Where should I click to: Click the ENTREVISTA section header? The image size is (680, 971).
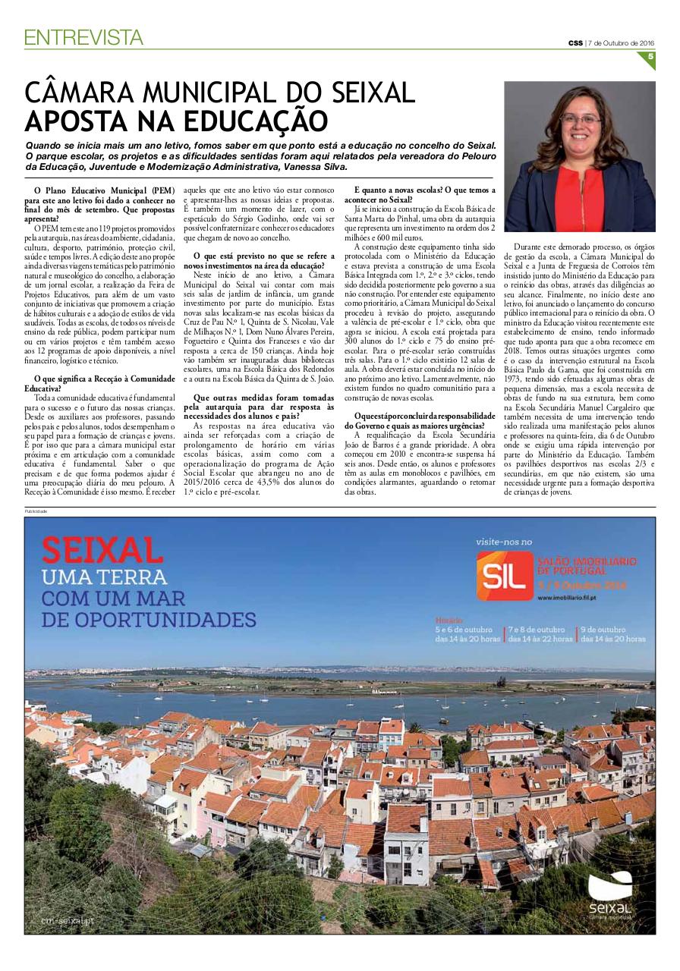coord(83,36)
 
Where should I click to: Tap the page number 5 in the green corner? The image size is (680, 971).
coord(650,56)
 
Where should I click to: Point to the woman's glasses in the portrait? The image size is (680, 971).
coord(581,120)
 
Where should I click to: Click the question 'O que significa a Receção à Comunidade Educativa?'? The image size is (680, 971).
coord(104,383)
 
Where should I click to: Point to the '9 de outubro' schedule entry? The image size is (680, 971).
coord(612,634)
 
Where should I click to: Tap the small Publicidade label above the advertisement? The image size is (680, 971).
coord(36,511)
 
